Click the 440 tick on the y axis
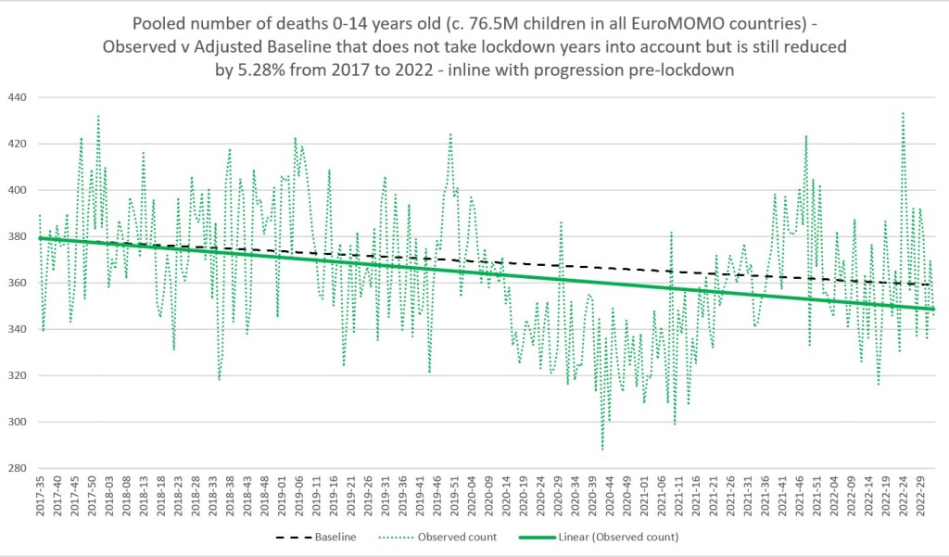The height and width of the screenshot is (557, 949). pos(17,97)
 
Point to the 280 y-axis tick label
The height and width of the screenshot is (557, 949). pos(17,469)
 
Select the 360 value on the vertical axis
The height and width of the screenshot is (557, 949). pos(17,283)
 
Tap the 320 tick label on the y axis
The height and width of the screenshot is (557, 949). pos(17,375)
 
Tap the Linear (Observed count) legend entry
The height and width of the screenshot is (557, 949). pos(615,537)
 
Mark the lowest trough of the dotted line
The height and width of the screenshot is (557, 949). pos(602,449)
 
